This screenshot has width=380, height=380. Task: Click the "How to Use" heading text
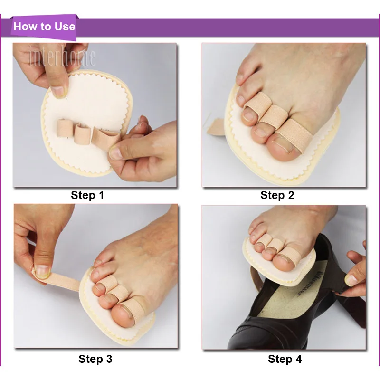(x=44, y=26)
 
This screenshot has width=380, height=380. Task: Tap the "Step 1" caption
(x=87, y=195)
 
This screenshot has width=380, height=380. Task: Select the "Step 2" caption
(x=277, y=195)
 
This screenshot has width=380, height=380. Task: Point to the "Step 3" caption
(x=95, y=359)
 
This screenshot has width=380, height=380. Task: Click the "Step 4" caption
(x=285, y=359)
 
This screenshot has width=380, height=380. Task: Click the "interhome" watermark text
(x=62, y=57)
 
